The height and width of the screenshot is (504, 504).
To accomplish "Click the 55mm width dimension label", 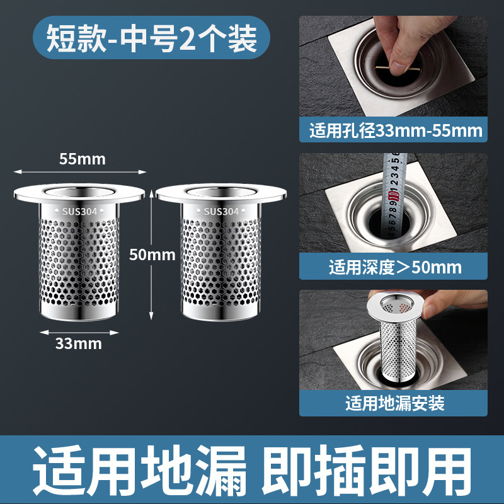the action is pos(83,159).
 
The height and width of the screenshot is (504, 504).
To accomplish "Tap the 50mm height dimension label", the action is pos(152,255).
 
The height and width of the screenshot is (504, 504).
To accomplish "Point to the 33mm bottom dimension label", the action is pos(78,343).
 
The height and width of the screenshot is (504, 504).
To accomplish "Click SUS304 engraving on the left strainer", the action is pos(79,212).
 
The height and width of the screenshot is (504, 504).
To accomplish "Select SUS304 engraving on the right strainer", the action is pos(222,212).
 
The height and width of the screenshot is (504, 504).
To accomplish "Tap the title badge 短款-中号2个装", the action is pos(151,38).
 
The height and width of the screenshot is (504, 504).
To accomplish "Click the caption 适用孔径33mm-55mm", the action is pos(396,131).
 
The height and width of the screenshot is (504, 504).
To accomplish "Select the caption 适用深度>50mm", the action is pos(395,266).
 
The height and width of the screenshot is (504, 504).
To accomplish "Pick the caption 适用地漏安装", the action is pos(395,403).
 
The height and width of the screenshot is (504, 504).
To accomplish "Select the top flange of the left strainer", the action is pos(79,193).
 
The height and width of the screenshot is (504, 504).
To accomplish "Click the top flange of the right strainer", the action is pos(222,193).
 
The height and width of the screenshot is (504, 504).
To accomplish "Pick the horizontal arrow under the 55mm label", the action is pos(80,172).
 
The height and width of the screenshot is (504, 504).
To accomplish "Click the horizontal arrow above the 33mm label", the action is pos(79,333).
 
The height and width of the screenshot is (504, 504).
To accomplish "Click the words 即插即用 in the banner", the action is pos(367,470).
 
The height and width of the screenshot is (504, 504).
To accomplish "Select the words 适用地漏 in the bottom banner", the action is pos(139,470).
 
